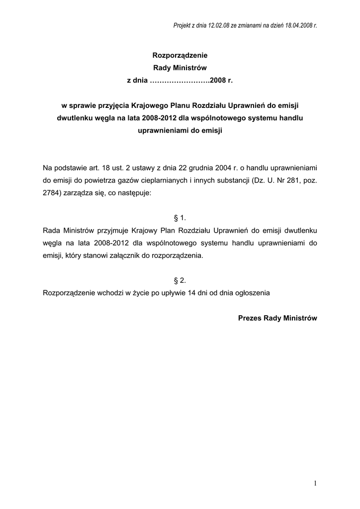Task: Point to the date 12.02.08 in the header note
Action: coord(213,25)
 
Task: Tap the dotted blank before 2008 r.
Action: coord(180,80)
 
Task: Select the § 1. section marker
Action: coord(180,218)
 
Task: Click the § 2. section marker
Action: coord(180,280)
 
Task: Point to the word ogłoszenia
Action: coord(251,293)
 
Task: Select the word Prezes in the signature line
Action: coord(250,318)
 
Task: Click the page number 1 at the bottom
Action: coord(315,483)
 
